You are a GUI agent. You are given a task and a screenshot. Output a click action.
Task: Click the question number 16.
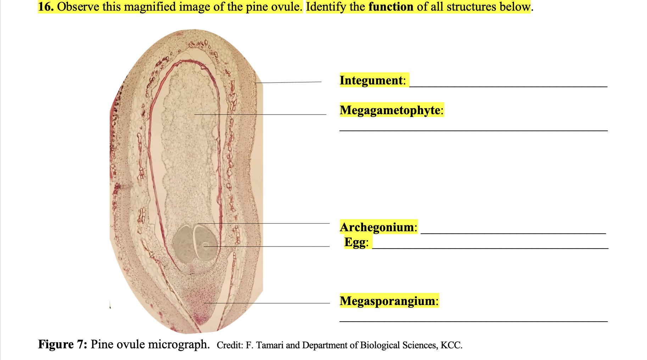point(45,7)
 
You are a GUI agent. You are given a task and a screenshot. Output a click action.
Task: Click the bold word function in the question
point(391,7)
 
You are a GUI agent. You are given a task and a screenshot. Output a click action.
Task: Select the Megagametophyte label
point(390,110)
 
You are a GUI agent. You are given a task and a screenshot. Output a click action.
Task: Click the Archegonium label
point(377,227)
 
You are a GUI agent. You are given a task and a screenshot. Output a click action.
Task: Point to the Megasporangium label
point(387,301)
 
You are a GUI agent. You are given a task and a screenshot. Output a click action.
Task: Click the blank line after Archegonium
point(513,233)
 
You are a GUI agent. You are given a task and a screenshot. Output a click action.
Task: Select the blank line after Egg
point(490,248)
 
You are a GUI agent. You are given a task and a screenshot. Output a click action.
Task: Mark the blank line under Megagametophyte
point(473,131)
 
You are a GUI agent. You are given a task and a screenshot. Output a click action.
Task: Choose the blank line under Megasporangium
point(473,321)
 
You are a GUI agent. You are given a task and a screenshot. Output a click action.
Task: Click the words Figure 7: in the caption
point(62,344)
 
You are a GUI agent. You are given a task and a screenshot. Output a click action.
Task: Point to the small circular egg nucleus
point(205,245)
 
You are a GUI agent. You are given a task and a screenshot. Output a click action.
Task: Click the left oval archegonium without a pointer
point(183,243)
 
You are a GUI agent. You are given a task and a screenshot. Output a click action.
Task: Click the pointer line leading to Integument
point(288,82)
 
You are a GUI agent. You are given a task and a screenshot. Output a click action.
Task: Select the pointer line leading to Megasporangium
point(267,303)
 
